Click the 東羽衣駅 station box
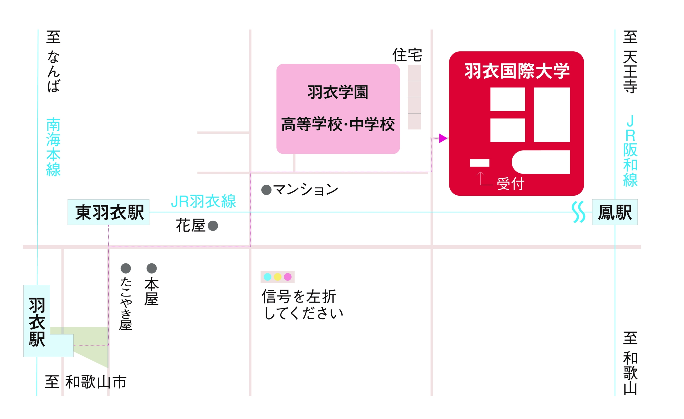108,212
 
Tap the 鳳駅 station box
615,212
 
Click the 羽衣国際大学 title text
517,71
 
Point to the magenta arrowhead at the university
443,138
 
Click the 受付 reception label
510,184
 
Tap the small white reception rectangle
479,163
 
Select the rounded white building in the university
541,162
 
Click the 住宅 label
407,55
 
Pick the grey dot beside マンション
266,190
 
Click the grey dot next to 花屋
213,226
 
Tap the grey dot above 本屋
151,268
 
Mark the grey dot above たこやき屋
126,268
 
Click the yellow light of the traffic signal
278,277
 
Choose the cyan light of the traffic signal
267,277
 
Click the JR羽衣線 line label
203,201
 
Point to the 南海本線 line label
53,147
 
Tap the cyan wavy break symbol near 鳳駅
579,212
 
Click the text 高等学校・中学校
338,124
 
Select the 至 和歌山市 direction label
86,382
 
